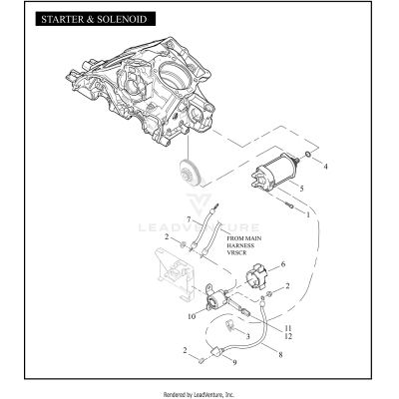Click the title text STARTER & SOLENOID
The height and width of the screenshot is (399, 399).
pos(87,19)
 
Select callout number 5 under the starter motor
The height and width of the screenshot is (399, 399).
pos(302,187)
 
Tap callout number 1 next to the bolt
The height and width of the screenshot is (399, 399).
pos(308,213)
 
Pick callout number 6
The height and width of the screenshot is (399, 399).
pos(283,263)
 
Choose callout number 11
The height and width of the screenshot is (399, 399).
pos(288,328)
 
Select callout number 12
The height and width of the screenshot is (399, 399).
pos(288,337)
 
